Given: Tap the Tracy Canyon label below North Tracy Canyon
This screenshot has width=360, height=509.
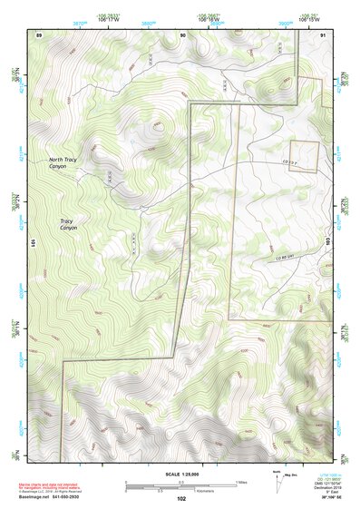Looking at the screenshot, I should [67, 223].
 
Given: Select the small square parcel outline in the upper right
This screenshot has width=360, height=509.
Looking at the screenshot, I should [304, 155].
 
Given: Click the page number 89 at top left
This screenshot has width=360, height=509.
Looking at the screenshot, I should [39, 34].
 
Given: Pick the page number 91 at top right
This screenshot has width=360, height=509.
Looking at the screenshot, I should [324, 34].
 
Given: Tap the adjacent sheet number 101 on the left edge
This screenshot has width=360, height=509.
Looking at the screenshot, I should [32, 243].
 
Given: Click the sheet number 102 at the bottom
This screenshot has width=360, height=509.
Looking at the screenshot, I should [181, 498].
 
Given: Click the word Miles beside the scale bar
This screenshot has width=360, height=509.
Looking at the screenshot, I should [241, 482].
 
